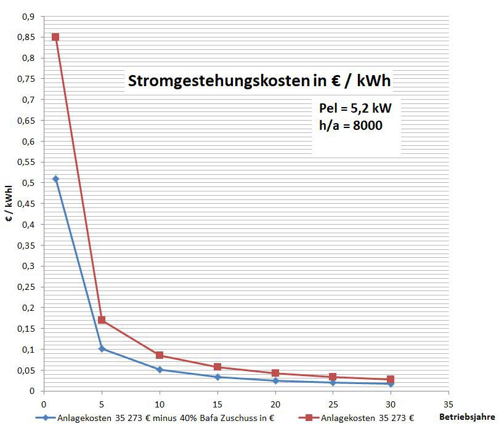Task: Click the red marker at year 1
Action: point(55,37)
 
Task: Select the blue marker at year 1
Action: point(55,179)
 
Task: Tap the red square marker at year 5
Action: point(102,320)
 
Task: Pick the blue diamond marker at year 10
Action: point(160,370)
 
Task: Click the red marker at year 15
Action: point(217,367)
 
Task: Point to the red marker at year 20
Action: point(275,373)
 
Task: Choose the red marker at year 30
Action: point(391,380)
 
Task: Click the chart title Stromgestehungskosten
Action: point(259,81)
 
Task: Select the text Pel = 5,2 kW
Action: point(355,109)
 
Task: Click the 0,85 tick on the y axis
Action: point(26,37)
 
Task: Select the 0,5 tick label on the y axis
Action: point(28,183)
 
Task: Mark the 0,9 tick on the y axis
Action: point(28,17)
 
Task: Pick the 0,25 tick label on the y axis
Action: point(26,287)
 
